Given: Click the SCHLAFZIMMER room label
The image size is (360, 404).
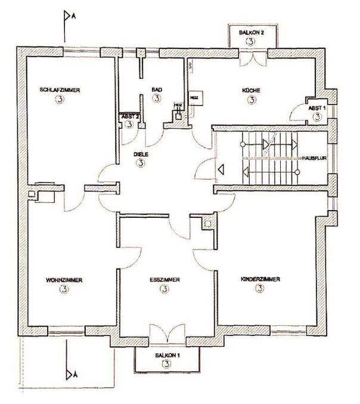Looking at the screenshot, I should click(x=60, y=90).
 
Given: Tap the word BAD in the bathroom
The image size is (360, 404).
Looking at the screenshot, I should click(x=156, y=90).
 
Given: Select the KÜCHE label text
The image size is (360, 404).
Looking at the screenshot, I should click(x=251, y=90).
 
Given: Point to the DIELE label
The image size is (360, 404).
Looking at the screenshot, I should click(x=140, y=153).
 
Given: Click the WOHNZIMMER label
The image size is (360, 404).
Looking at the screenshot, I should click(x=64, y=279).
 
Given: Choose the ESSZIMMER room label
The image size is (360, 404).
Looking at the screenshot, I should click(x=164, y=279).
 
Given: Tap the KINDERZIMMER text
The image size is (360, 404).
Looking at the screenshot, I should click(x=260, y=279).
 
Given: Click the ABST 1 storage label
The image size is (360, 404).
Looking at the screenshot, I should click(x=316, y=107).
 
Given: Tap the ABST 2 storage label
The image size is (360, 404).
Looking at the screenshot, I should click(x=130, y=116).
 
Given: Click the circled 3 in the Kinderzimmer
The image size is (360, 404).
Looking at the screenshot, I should click(x=260, y=289).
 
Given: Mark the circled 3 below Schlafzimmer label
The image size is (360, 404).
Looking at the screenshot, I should click(x=60, y=100).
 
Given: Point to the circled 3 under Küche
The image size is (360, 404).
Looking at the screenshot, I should click(x=251, y=100).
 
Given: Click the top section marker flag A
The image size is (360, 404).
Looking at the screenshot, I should click(x=67, y=18).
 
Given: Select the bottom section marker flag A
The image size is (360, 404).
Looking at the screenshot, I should click(x=70, y=374).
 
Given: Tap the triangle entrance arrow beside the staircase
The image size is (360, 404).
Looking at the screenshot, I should click(x=221, y=169).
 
